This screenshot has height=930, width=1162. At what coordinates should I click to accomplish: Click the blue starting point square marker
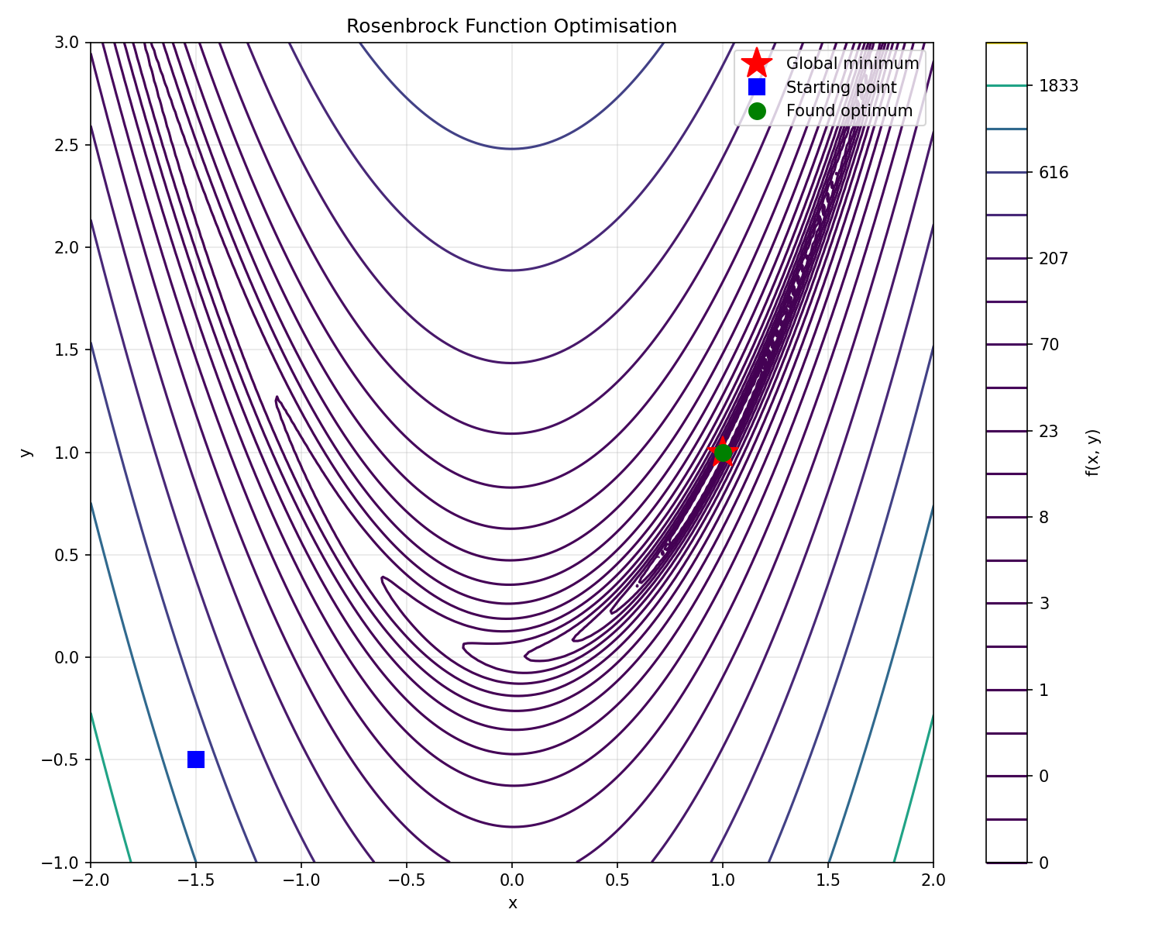(196, 759)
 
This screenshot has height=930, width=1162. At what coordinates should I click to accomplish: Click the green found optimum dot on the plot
(723, 453)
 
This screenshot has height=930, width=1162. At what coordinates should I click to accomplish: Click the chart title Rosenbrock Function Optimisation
(511, 26)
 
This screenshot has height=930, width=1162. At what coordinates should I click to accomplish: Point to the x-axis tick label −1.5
(196, 880)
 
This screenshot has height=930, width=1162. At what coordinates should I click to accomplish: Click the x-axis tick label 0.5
(617, 880)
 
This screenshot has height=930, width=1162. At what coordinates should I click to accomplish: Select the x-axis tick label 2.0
(933, 880)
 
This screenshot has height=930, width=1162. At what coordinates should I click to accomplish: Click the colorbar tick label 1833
(1058, 86)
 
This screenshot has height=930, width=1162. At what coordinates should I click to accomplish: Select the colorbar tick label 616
(1054, 172)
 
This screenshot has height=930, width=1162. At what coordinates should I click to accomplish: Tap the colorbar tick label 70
(1049, 345)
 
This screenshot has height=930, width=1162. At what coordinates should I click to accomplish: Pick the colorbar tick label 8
(1044, 517)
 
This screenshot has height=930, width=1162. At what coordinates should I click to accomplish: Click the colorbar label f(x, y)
(1092, 452)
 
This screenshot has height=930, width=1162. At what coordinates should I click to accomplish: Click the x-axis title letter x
(512, 903)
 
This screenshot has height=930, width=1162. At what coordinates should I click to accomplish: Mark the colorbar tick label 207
(1054, 259)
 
